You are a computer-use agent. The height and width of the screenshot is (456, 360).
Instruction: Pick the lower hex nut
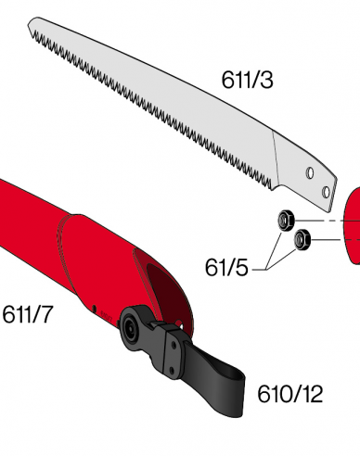click(301, 241)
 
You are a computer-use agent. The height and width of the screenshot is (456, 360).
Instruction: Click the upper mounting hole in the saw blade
click(312, 173)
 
